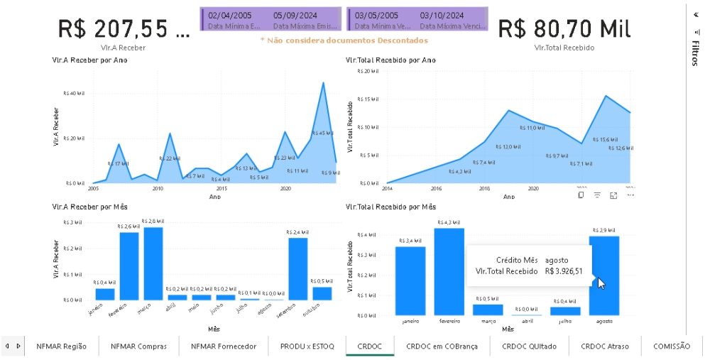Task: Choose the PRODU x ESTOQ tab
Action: pyautogui.click(x=306, y=346)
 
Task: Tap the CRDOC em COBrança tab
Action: pyautogui.click(x=442, y=346)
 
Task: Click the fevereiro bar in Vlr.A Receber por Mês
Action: pyautogui.click(x=129, y=266)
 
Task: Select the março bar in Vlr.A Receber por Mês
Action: pyautogui.click(x=153, y=263)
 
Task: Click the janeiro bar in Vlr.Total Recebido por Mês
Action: pyautogui.click(x=410, y=280)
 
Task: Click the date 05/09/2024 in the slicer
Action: pyautogui.click(x=295, y=15)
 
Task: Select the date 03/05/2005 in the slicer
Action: pyautogui.click(x=376, y=15)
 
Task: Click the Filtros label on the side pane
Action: pyautogui.click(x=696, y=53)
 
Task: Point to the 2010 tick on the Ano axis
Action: pyautogui.click(x=158, y=189)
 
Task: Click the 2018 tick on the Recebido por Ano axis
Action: pyautogui.click(x=485, y=189)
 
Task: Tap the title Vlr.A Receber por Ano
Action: pyautogui.click(x=89, y=60)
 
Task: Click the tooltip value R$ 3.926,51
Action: pyautogui.click(x=564, y=271)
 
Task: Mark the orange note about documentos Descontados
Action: pyautogui.click(x=344, y=40)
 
